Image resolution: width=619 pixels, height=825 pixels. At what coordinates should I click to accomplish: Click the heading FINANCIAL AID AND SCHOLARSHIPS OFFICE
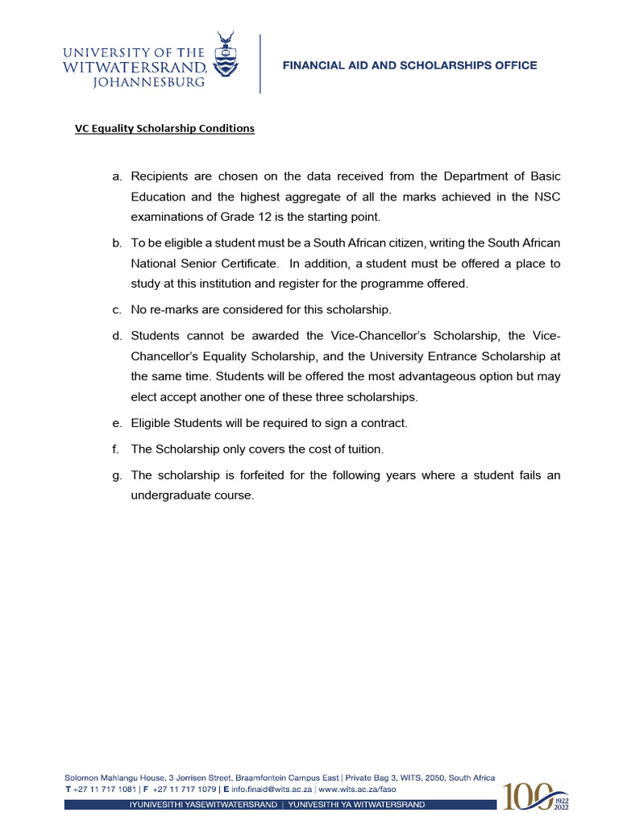tap(409, 65)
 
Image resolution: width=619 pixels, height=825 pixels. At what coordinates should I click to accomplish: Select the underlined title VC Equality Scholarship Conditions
tap(165, 128)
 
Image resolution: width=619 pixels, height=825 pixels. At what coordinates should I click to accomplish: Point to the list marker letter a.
tap(116, 176)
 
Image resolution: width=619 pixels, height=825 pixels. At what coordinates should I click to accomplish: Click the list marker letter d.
tap(116, 335)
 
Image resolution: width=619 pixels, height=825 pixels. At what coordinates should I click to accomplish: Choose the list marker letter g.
tap(116, 475)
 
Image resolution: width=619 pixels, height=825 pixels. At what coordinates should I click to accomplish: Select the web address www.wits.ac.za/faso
tap(357, 790)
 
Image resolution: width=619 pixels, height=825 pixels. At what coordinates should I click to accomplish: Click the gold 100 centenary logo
tap(530, 796)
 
